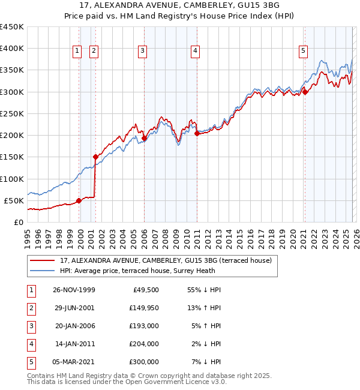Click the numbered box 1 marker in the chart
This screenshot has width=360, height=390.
click(78, 52)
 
